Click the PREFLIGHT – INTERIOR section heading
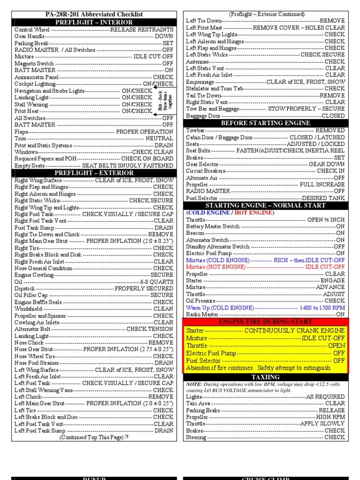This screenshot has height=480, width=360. tap(94, 22)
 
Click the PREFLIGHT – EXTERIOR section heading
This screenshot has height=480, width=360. tap(94, 173)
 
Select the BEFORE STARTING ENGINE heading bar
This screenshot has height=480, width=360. tap(265, 123)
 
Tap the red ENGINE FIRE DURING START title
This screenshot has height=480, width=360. tap(265, 322)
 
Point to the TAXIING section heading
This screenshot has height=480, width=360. tap(265, 377)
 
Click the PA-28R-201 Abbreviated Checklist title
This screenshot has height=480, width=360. tap(94, 15)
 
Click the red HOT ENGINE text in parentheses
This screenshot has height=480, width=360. tap(254, 212)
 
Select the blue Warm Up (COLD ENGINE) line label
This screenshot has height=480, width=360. tap(220, 308)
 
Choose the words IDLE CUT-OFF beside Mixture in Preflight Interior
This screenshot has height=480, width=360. tap(153, 57)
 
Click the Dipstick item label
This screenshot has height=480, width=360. tap(25, 289)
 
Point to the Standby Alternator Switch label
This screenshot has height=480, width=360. tap(217, 247)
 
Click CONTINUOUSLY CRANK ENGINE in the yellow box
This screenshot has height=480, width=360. tap(294, 330)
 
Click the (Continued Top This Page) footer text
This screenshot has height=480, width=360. tap(93, 437)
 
